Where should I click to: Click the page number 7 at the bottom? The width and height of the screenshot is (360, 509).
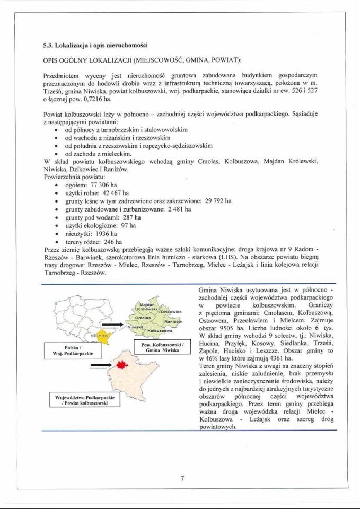click(182, 478)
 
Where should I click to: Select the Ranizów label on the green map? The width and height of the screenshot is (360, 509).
click(173, 322)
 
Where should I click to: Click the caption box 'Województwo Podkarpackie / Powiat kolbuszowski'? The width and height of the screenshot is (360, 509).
click(85, 400)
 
